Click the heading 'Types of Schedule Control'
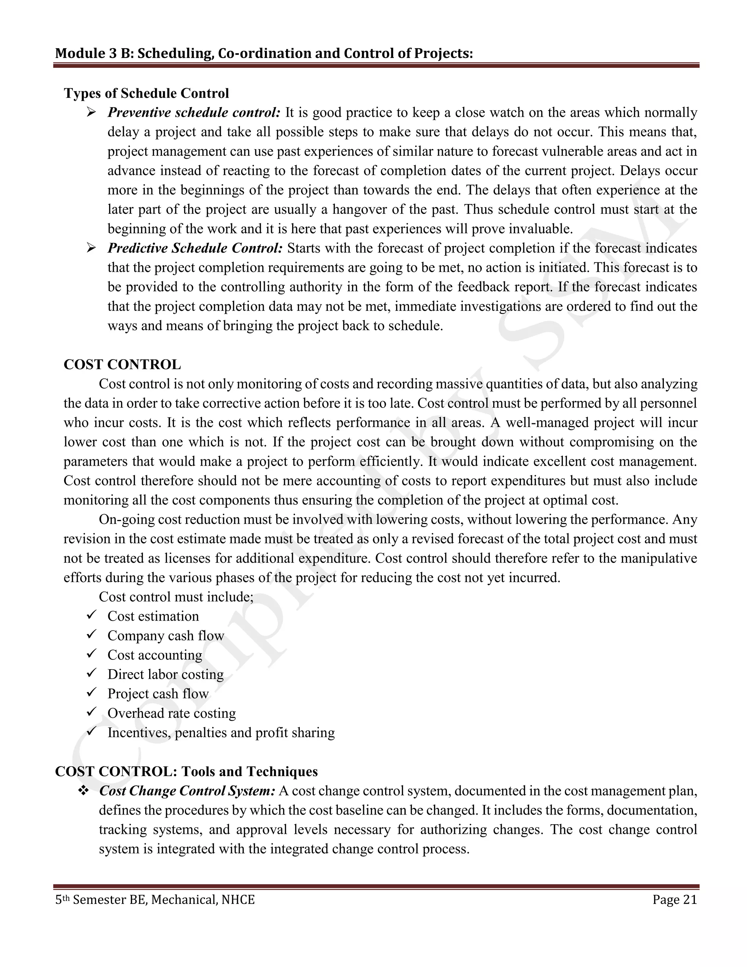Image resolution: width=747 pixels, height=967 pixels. coord(147,93)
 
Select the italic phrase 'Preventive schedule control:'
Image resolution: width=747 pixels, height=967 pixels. coord(194,112)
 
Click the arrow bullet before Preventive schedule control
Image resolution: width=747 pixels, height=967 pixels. coord(92,112)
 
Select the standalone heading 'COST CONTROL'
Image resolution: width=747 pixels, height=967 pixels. coord(122,365)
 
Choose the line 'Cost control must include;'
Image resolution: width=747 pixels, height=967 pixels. coord(176,597)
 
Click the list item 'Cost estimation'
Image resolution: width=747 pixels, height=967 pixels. coord(153,616)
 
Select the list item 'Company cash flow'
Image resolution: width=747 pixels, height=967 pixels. coord(166,636)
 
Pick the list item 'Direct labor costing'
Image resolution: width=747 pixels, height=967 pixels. coord(166,674)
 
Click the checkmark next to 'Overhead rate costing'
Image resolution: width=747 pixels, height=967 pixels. coord(92,712)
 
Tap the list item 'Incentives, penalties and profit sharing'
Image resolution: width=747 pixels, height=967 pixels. coord(221,732)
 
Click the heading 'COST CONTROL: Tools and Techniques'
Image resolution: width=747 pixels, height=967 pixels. coord(186,771)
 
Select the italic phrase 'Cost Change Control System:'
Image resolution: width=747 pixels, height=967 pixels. coord(187,791)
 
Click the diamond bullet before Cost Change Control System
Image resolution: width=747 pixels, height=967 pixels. coord(83,791)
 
